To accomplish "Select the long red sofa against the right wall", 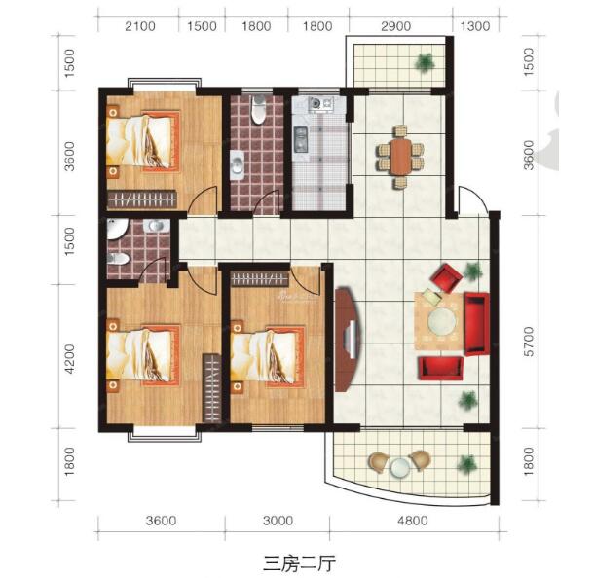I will coord(476,320).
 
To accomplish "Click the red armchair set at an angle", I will coord(447,276).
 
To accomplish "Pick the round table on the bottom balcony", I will coord(399,467).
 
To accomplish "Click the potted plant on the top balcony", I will coord(424,64).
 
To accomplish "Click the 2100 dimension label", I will coord(141,26).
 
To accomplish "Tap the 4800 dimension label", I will coord(412,521).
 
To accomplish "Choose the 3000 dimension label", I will coord(278,521).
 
